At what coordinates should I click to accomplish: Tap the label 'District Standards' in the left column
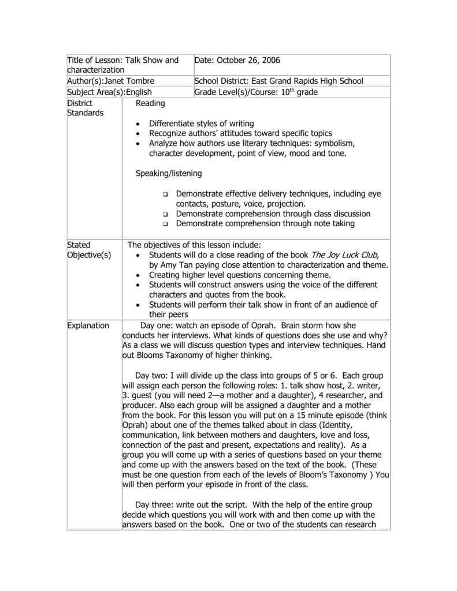tap(85, 108)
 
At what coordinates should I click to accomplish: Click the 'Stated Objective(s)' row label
tap(89, 250)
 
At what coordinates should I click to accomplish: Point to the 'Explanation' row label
tap(88, 326)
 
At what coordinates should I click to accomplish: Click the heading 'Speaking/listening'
tap(169, 173)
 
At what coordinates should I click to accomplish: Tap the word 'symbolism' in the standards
tap(338, 143)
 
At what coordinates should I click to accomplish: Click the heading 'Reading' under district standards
tap(150, 103)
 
